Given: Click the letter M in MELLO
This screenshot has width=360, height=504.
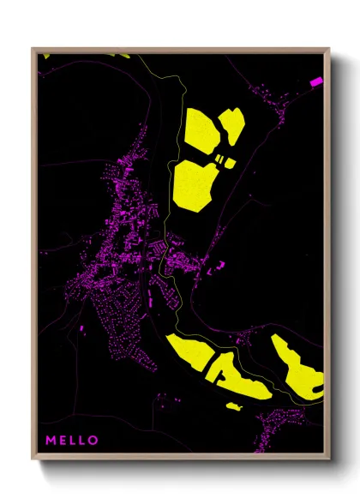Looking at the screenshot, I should tap(51, 441).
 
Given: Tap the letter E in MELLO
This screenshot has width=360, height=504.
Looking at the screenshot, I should tap(63, 441).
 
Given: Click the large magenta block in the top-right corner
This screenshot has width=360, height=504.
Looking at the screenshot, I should tap(315, 81).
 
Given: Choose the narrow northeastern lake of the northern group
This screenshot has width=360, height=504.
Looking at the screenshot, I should tap(231, 129).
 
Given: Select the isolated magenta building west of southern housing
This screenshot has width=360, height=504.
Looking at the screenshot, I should tap(82, 329).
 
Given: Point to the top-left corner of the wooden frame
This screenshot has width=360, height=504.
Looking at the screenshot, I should tap(33, 49).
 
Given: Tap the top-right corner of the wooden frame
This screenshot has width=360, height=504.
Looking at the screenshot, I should tap(329, 49).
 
